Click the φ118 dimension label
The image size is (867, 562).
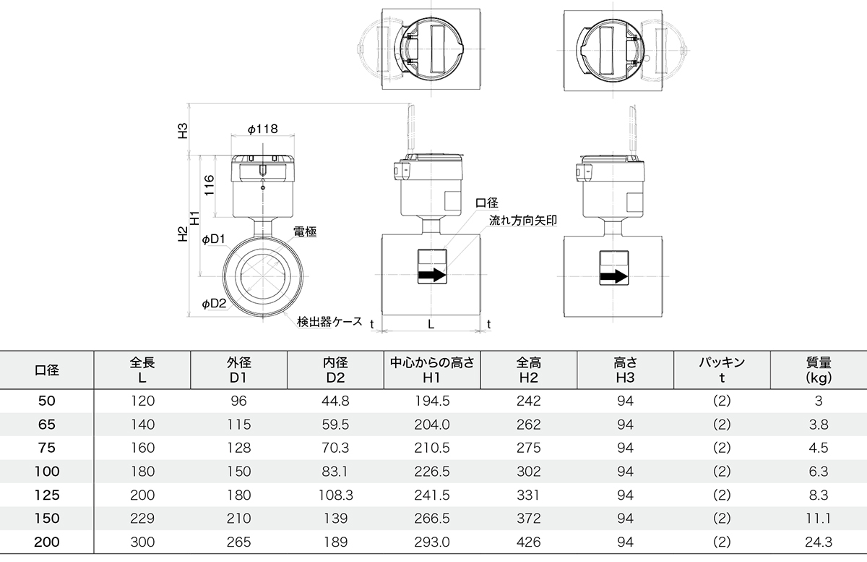point(263,129)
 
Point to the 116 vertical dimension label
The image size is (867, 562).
point(209,185)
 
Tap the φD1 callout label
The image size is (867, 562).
point(213,239)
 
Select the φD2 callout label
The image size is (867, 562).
point(214,304)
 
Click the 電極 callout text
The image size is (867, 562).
point(305,231)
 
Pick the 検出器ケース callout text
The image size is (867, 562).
point(329,321)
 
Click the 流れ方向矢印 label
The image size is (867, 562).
point(523,221)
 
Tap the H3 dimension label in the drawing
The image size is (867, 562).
point(182,131)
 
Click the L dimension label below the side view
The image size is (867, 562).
point(431,325)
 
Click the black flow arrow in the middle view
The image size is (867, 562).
point(432,275)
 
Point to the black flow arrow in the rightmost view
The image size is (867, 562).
point(614,276)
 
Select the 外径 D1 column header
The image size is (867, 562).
point(239,370)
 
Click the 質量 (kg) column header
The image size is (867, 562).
point(819,370)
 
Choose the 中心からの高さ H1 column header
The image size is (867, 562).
point(432,370)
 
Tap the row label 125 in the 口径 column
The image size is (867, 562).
point(47,495)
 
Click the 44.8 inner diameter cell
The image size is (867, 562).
point(335,401)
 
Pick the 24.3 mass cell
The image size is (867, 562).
point(819,542)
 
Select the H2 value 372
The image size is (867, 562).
point(529,518)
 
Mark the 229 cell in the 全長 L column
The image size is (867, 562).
point(142,518)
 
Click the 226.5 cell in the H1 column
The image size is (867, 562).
point(432,472)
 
